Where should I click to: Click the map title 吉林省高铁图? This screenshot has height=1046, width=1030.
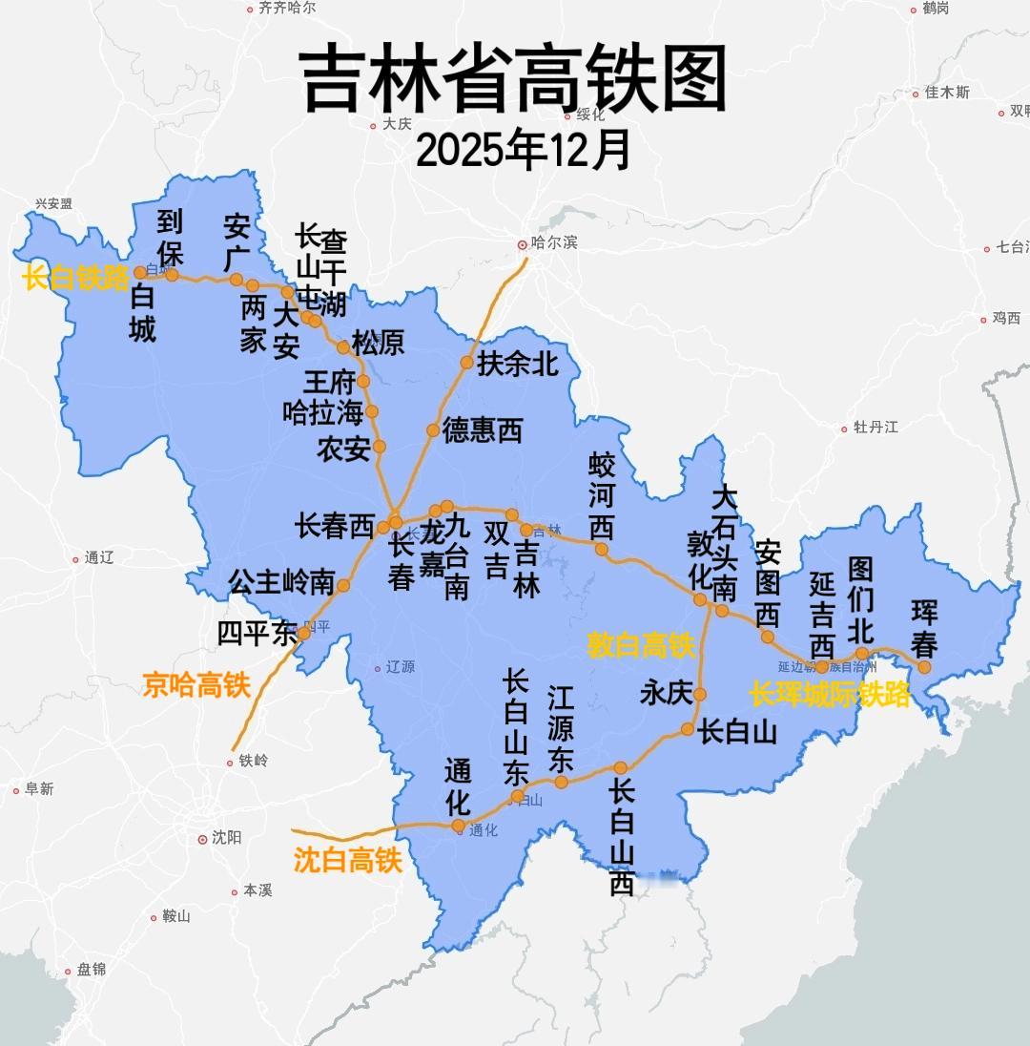click(x=514, y=80)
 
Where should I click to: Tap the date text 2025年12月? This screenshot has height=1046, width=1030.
click(x=524, y=149)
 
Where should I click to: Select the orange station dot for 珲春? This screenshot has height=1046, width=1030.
click(x=923, y=667)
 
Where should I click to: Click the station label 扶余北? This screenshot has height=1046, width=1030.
click(x=518, y=364)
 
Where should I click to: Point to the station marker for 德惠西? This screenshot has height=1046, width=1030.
click(x=433, y=430)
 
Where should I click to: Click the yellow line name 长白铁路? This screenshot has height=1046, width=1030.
click(x=76, y=279)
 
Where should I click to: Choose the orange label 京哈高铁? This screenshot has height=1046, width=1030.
click(x=196, y=684)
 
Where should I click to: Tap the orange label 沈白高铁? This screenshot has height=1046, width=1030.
click(x=347, y=860)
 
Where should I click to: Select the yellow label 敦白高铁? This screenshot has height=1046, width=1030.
click(x=640, y=646)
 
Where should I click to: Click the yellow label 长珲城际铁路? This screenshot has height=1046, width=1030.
click(x=830, y=694)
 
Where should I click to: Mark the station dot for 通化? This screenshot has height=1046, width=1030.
click(x=458, y=826)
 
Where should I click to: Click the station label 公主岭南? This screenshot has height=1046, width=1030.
click(x=281, y=581)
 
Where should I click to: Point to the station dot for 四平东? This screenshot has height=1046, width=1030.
click(x=303, y=633)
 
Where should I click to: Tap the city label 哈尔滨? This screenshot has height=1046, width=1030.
click(x=554, y=243)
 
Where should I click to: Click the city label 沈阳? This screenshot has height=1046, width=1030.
click(x=226, y=838)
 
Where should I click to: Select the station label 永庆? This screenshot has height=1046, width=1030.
click(x=666, y=693)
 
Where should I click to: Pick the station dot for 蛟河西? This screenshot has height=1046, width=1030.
click(x=601, y=549)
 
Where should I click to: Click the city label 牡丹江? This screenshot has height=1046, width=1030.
click(x=875, y=427)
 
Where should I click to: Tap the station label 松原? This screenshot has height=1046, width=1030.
click(x=378, y=343)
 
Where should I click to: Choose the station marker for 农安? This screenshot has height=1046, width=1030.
click(x=379, y=446)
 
